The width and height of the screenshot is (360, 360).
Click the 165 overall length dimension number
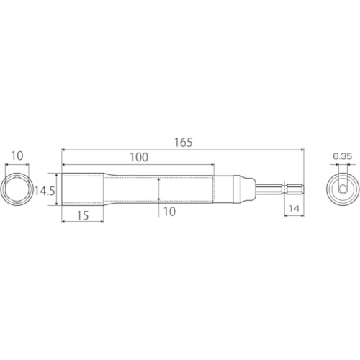(184, 143)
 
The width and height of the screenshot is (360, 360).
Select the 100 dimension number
(139, 157)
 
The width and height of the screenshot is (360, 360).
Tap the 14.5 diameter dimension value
(45, 192)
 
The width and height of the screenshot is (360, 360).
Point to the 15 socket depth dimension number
(83, 215)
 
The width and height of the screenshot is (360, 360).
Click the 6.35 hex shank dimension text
(343, 156)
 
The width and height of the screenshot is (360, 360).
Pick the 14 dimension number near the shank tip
(294, 209)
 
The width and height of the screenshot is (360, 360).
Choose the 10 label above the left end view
(17, 156)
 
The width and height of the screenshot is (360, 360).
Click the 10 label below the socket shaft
(169, 212)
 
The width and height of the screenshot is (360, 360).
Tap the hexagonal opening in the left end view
(17, 189)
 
